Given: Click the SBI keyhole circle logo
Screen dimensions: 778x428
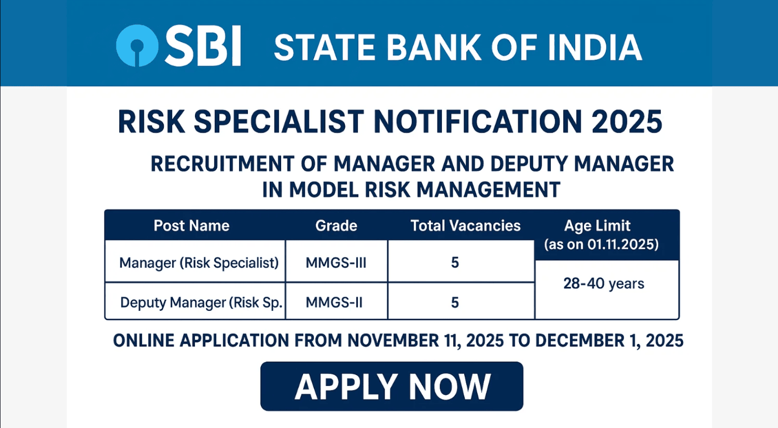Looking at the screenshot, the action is [x=137, y=46].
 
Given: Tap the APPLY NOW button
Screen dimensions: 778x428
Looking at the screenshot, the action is [x=392, y=386].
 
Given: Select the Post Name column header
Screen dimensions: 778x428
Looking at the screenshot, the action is [x=192, y=226].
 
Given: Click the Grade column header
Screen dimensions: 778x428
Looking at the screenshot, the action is [x=336, y=226].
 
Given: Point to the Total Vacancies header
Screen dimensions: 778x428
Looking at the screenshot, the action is [x=465, y=226].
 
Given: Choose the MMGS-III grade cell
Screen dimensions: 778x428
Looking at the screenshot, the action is [x=336, y=263].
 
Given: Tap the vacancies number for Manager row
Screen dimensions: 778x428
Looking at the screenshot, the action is [x=455, y=262].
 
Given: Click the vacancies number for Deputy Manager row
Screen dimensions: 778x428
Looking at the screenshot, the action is [x=455, y=302].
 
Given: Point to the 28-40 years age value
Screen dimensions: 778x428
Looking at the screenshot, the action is [x=604, y=284].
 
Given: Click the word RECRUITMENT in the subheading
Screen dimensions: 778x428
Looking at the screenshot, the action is [x=222, y=164].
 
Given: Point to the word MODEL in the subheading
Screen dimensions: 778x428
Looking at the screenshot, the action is [x=324, y=190].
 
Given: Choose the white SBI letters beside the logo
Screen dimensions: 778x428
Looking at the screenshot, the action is [x=202, y=46].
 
